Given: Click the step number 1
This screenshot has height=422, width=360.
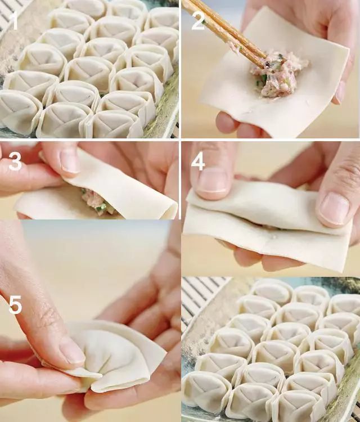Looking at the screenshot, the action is [x=13, y=21].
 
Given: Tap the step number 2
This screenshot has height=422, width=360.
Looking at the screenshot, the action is [x=199, y=21].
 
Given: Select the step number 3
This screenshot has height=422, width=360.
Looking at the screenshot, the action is [x=15, y=162].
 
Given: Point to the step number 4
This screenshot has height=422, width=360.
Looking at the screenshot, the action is [x=198, y=162].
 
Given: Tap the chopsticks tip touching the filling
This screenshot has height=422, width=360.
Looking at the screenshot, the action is [x=265, y=62].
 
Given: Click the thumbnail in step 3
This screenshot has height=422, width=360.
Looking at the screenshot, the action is [x=70, y=160].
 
